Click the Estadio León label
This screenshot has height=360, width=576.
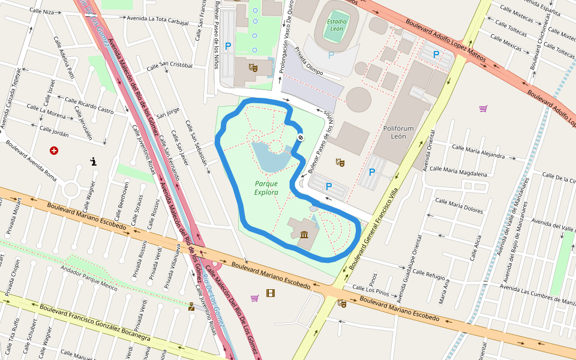pyautogui.click(x=337, y=25)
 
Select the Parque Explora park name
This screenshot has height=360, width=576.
pyautogui.click(x=266, y=188)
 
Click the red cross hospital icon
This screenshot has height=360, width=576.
pyautogui.click(x=55, y=150)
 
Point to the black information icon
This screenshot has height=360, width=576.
pyautogui.click(x=94, y=161)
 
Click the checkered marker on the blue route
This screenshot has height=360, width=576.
pyautogui.click(x=300, y=138)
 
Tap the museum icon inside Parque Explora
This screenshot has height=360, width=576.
pyautogui.click(x=304, y=233)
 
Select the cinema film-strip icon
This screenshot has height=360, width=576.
pyautogui.click(x=271, y=293)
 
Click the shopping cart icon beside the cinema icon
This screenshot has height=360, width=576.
pyautogui.click(x=255, y=298)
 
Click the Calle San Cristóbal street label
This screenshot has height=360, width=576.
pyautogui.click(x=167, y=65)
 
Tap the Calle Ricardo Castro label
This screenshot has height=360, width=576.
pyautogui.click(x=89, y=106)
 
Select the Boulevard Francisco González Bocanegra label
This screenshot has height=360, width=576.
pyautogui.click(x=95, y=323)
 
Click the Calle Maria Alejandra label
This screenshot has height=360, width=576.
pyautogui.click(x=478, y=151)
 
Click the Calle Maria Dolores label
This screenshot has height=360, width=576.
pyautogui.click(x=459, y=206)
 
